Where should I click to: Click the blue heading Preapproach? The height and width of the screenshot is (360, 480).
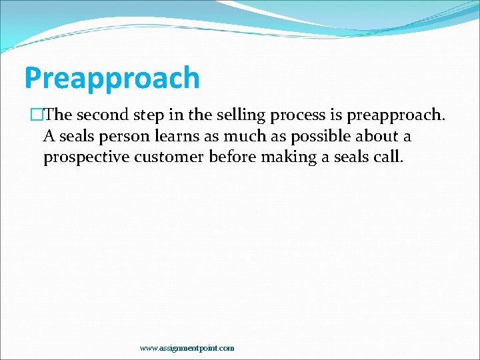click(x=111, y=78)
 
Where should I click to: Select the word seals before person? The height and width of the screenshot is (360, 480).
click(x=75, y=137)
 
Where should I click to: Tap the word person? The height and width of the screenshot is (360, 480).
click(x=124, y=137)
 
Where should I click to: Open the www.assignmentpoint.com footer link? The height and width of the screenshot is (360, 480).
click(x=187, y=348)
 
